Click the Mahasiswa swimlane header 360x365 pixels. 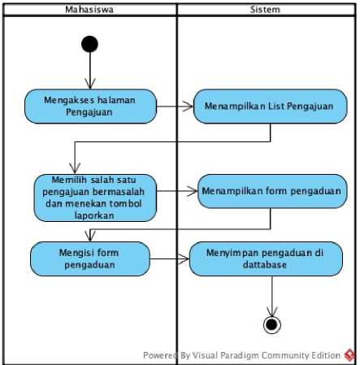click(x=89, y=10)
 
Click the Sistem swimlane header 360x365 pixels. click(x=266, y=10)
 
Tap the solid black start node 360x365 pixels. click(x=89, y=44)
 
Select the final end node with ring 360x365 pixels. click(x=272, y=324)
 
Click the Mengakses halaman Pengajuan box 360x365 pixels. click(x=90, y=106)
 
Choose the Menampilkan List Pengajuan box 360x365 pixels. click(x=270, y=106)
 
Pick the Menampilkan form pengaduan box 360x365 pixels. click(x=272, y=191)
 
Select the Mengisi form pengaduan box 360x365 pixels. click(x=90, y=259)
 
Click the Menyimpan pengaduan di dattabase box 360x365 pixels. click(x=266, y=259)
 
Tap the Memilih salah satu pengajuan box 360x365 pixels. click(x=95, y=198)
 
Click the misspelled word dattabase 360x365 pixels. click(x=265, y=264)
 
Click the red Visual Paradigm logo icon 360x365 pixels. click(x=349, y=355)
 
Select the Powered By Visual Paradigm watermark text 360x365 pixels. click(x=241, y=355)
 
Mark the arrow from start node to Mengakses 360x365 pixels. click(x=90, y=71)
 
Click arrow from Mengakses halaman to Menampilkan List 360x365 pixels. click(x=175, y=106)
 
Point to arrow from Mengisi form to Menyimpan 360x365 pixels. click(x=170, y=259)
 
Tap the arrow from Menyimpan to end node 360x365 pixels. click(x=272, y=296)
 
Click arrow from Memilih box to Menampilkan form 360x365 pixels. click(x=177, y=191)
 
